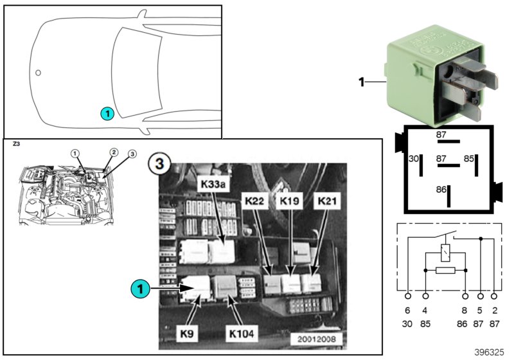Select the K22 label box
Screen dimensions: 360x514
coord(254,201)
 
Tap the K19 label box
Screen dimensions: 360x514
coord(289,201)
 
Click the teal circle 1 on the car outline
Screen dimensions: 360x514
coord(107,114)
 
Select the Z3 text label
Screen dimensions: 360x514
coord(16,145)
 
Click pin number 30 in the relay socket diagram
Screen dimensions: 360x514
coord(414,157)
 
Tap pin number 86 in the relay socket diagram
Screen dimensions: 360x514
coord(440,190)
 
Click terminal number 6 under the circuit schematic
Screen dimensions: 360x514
coord(408,310)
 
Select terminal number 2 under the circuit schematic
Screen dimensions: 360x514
coord(493,310)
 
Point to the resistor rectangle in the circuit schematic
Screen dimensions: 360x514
coord(444,271)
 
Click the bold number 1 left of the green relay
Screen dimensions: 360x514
coord(361,82)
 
